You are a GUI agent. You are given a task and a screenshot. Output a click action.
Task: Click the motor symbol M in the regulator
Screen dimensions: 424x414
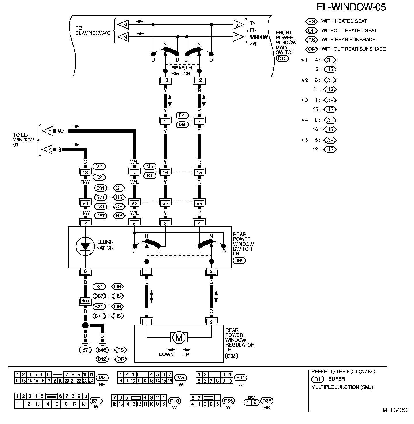point(179,337)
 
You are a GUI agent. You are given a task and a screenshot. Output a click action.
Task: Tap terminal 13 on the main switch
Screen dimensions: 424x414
point(165,80)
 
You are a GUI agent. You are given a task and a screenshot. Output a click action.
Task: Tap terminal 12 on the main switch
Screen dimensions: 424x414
point(199,80)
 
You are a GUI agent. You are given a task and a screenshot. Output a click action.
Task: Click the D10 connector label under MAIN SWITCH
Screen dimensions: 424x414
point(282,59)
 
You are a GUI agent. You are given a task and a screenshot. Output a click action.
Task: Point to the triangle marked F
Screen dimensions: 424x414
point(48,131)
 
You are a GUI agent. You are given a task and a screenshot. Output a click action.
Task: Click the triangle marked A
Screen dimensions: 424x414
point(48,150)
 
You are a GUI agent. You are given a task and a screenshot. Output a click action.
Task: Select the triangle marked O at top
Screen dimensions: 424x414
point(238,25)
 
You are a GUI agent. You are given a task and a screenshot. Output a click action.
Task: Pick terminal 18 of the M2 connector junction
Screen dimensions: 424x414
point(85,173)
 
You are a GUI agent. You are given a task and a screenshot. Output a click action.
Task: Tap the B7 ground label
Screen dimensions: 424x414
point(85,350)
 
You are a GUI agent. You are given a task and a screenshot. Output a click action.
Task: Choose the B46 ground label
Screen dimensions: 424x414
point(102,350)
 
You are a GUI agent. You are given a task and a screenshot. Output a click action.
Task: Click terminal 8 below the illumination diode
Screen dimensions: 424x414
point(85,271)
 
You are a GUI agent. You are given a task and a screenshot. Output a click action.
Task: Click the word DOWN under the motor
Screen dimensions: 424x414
point(166,354)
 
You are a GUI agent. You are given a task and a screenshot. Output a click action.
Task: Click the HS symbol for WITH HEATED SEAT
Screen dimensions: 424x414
point(311,21)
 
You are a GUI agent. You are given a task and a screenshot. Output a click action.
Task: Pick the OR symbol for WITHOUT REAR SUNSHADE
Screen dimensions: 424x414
point(311,49)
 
